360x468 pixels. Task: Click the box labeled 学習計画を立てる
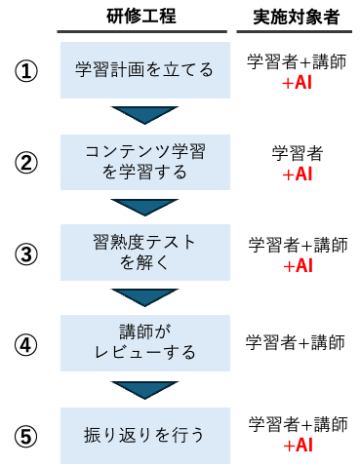(144, 70)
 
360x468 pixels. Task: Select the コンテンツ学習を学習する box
(144, 162)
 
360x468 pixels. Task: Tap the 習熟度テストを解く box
(144, 253)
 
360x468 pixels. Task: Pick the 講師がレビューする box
(144, 342)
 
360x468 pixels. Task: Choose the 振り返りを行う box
(144, 435)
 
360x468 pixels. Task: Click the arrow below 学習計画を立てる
(144, 114)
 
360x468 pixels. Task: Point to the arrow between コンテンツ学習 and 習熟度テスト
(144, 206)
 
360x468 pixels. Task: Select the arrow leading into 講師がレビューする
(144, 296)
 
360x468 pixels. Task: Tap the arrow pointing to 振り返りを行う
(144, 388)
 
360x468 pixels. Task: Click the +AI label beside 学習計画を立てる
(297, 84)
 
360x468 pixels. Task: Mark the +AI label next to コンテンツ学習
(297, 175)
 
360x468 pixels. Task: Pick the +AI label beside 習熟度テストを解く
(298, 266)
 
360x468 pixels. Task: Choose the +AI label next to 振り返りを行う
(298, 446)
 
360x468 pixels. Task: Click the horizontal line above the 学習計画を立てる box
(141, 32)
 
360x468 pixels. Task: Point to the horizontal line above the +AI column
(294, 32)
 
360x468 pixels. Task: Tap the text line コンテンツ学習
(144, 151)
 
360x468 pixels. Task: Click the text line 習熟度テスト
(144, 242)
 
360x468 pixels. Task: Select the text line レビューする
(144, 352)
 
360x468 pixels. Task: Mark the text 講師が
(144, 331)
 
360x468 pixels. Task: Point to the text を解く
(144, 262)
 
